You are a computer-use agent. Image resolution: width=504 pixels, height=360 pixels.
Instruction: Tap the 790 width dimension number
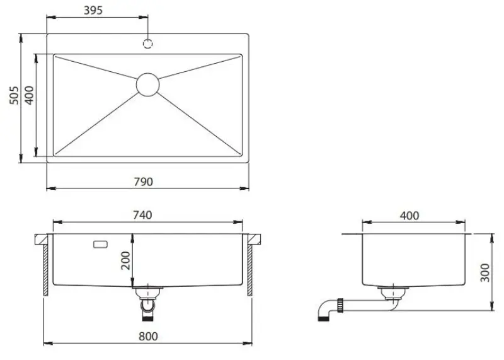click(x=143, y=181)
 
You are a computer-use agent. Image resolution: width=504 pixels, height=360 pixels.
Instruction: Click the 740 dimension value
click(x=142, y=215)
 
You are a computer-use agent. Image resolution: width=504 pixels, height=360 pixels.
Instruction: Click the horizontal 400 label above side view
click(x=409, y=215)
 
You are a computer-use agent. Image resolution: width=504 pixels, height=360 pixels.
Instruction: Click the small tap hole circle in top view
click(x=149, y=44)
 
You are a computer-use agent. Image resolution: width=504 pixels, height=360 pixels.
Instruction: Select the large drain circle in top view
click(x=147, y=84)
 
